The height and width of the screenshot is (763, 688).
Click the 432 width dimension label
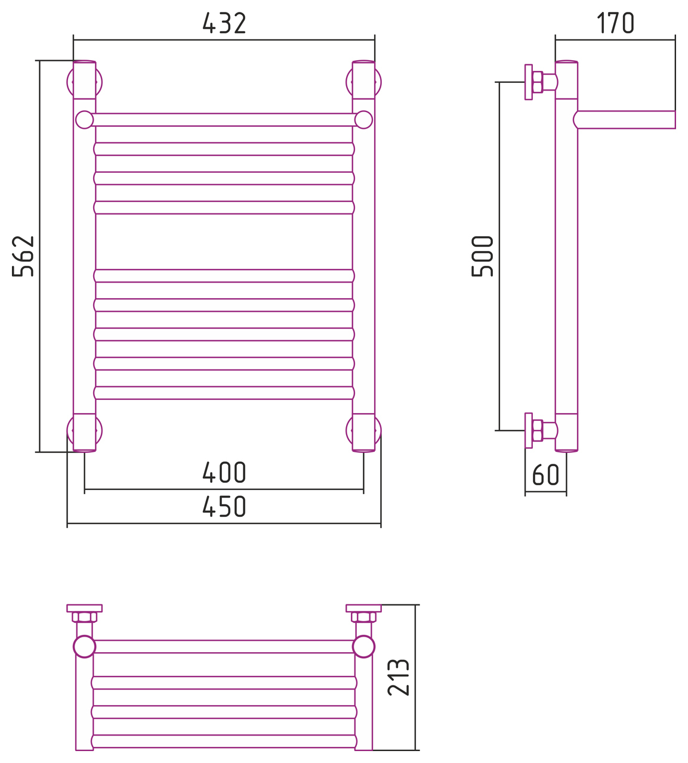pyautogui.click(x=224, y=23)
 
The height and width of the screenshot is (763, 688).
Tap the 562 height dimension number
pyautogui.click(x=23, y=256)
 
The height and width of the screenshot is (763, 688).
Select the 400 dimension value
pyautogui.click(x=224, y=473)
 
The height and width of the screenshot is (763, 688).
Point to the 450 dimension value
pyautogui.click(x=224, y=506)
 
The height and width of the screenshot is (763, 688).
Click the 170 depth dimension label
pyautogui.click(x=615, y=23)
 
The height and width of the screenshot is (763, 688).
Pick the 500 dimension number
pyautogui.click(x=482, y=256)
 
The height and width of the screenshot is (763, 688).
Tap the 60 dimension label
pyautogui.click(x=545, y=474)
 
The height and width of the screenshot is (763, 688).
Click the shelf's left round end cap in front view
pyautogui.click(x=85, y=120)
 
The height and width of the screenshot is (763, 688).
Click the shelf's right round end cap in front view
pyautogui.click(x=363, y=120)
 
